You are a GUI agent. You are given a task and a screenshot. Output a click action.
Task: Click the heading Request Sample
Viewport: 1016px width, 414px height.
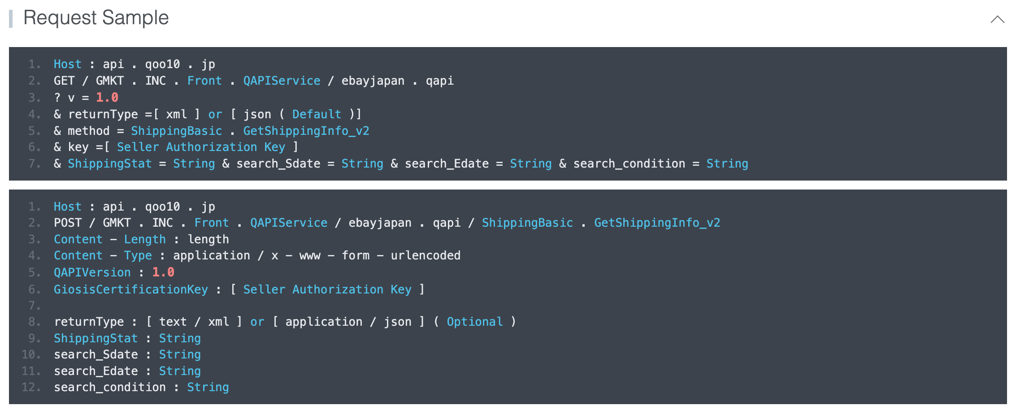tap(96, 18)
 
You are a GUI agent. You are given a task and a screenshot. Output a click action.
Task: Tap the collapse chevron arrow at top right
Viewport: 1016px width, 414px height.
tap(997, 19)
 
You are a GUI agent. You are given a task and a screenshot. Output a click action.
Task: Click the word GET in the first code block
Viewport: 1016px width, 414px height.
tap(64, 81)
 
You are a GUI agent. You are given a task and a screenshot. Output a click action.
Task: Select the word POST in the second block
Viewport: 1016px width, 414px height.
tap(68, 223)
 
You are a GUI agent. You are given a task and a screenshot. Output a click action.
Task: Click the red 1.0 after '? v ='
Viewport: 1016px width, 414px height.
tap(107, 98)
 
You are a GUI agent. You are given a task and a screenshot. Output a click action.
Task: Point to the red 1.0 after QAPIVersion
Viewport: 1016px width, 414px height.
tap(163, 272)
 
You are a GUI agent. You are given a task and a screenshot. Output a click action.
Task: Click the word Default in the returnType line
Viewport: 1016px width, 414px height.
tap(317, 115)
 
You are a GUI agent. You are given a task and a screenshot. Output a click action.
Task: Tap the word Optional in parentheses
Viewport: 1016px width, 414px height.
tap(474, 322)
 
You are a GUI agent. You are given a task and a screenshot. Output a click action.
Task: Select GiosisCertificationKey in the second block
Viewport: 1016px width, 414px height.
tap(130, 290)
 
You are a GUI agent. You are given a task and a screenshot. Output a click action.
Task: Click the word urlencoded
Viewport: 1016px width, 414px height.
tap(426, 256)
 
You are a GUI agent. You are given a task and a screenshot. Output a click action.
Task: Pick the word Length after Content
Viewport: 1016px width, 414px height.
tap(145, 240)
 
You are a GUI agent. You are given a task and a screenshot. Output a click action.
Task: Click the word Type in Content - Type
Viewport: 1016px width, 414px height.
tap(138, 256)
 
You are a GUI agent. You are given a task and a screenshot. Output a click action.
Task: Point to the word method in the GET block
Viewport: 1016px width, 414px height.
tap(88, 131)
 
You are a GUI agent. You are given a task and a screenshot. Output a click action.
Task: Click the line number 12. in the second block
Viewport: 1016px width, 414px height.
tap(31, 388)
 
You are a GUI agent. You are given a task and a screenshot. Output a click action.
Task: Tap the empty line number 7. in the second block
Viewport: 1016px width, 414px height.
tap(35, 306)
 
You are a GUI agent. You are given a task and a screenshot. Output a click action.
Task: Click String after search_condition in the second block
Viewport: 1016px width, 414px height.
tap(208, 388)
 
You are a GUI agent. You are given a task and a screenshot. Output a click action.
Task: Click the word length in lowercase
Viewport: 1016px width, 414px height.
tap(208, 240)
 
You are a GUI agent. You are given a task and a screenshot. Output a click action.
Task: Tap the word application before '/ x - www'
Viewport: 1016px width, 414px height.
tap(212, 256)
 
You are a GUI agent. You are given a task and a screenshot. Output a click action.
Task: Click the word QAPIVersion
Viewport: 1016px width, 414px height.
tap(92, 272)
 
